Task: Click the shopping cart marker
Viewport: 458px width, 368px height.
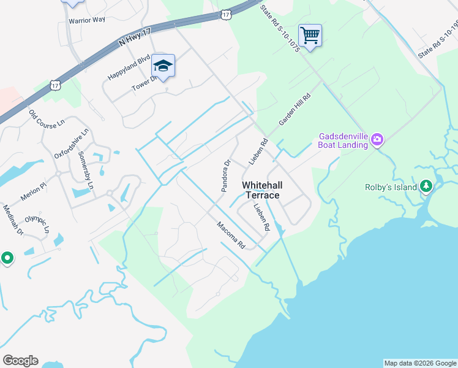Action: pyautogui.click(x=310, y=36)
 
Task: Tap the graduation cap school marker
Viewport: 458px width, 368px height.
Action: pyautogui.click(x=163, y=66)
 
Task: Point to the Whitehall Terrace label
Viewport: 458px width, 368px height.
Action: pyautogui.click(x=260, y=190)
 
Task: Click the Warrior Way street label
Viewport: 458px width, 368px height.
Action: pyautogui.click(x=87, y=20)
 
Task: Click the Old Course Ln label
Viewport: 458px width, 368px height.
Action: pyautogui.click(x=47, y=119)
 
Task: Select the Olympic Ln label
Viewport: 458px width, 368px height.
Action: pyautogui.click(x=37, y=225)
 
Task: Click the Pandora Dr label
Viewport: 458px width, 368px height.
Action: pyautogui.click(x=225, y=176)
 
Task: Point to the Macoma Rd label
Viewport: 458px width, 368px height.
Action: pyautogui.click(x=231, y=235)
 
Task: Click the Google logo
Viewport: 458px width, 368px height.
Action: pyautogui.click(x=20, y=361)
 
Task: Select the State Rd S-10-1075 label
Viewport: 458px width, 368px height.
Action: pyautogui.click(x=279, y=28)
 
